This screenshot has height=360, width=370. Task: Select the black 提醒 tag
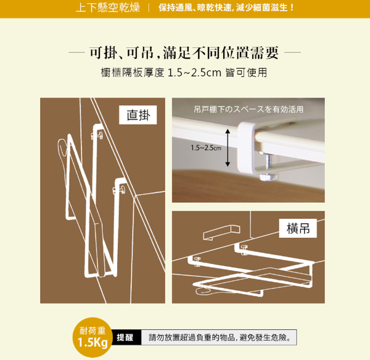click(x=126, y=338)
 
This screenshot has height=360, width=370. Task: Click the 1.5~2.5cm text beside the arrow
click(x=205, y=147)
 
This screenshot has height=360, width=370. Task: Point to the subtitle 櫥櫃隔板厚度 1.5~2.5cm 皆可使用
click(x=184, y=72)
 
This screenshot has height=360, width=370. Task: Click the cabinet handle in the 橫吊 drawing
click(x=223, y=232)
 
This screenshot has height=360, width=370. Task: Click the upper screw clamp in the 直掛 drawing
click(x=96, y=133)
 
